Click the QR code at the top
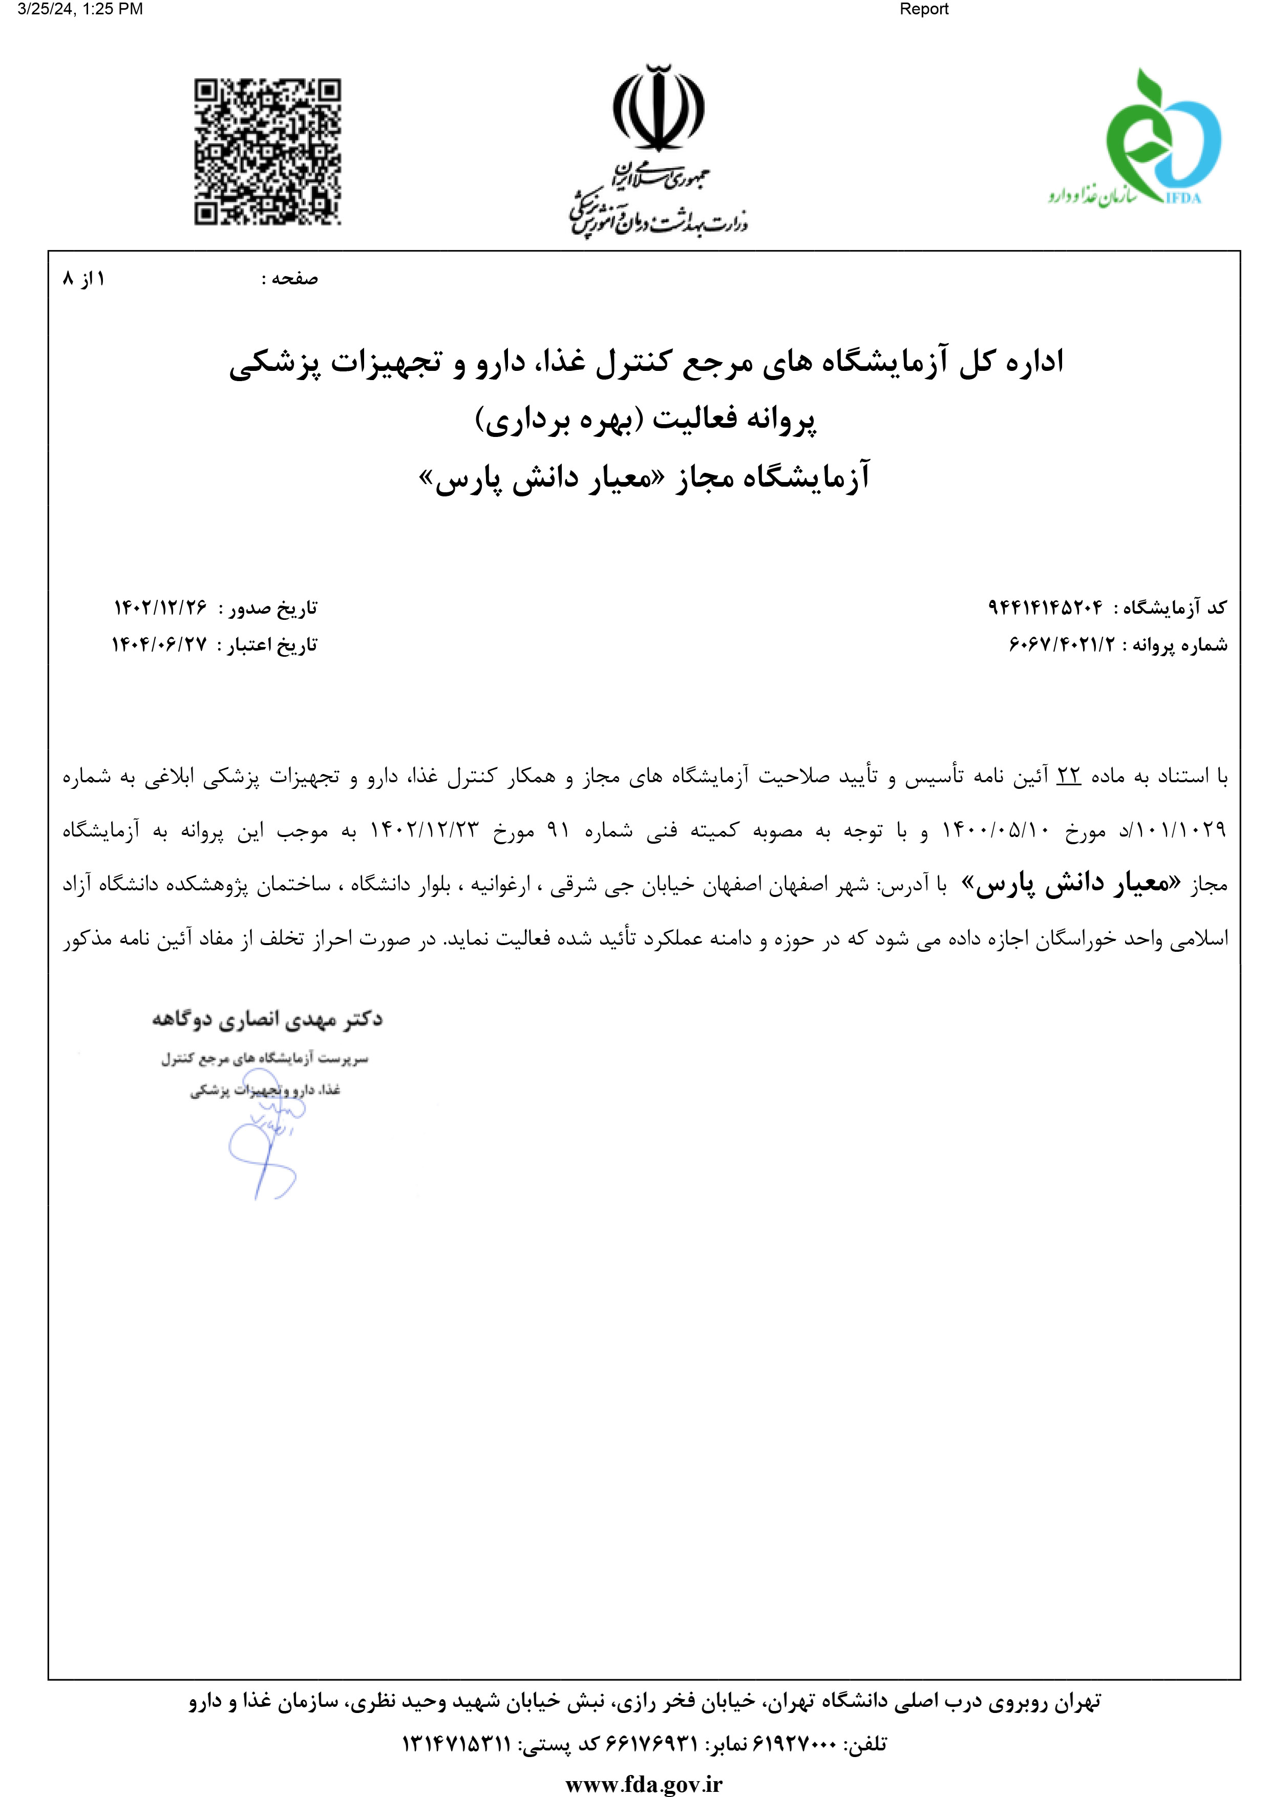(x=268, y=152)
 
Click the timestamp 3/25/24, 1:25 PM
(x=80, y=9)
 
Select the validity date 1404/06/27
(x=160, y=645)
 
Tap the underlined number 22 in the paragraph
(x=1068, y=776)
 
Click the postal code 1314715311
(x=456, y=1745)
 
